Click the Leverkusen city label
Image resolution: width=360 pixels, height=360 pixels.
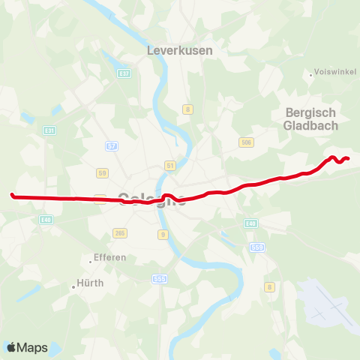[x=179, y=50]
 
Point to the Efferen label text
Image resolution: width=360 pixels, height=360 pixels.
[x=111, y=257]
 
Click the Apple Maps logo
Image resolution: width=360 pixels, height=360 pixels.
[x=27, y=347]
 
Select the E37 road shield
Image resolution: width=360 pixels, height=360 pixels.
[x=124, y=73]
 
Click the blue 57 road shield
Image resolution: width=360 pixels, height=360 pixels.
[x=112, y=145]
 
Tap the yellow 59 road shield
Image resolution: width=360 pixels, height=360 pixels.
[x=103, y=173]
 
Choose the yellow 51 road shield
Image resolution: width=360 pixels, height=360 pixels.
[x=170, y=165]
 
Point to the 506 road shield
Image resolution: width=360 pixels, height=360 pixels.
[x=245, y=142]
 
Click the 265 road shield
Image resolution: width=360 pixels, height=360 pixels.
[x=120, y=233]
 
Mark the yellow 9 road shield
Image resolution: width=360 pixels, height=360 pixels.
[x=163, y=234]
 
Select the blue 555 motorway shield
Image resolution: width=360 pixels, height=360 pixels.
[x=159, y=279]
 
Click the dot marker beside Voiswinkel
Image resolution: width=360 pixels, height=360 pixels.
[x=311, y=74]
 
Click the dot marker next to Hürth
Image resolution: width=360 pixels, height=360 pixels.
[x=74, y=285]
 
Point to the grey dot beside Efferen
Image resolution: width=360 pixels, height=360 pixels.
[x=91, y=261]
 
